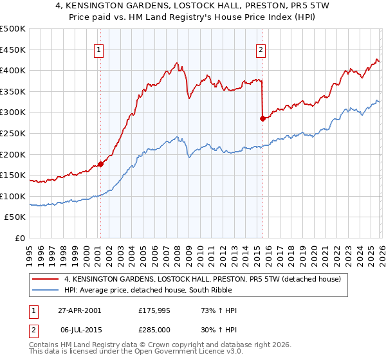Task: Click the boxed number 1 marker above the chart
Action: click(100, 50)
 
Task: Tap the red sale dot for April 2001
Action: click(101, 164)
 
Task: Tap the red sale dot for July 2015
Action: click(262, 118)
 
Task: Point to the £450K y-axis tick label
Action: click(13, 50)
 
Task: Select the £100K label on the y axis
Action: click(13, 196)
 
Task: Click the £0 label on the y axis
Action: click(21, 238)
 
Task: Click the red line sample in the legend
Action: click(46, 280)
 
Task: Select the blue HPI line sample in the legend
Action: click(46, 291)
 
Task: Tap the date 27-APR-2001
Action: click(79, 310)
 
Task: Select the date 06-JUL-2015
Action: click(79, 329)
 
